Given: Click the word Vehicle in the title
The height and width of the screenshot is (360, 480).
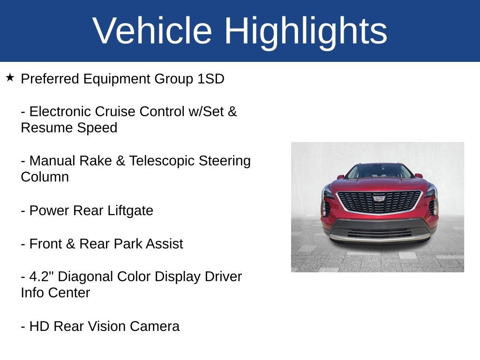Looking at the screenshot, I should click(x=152, y=31).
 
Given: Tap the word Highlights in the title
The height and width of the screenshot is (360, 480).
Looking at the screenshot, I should click(x=306, y=31).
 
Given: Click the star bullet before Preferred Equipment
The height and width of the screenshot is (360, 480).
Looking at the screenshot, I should click(x=10, y=77).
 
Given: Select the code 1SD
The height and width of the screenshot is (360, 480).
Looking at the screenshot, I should click(x=210, y=79).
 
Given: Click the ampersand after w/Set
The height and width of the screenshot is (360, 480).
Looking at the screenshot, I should click(x=232, y=112).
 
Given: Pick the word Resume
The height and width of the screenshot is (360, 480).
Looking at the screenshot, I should click(x=45, y=128).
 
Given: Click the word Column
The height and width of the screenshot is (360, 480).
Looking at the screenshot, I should click(x=45, y=177).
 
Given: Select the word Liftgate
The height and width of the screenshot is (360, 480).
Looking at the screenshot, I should click(x=130, y=211).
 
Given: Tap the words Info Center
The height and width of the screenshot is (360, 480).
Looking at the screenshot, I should click(x=55, y=293).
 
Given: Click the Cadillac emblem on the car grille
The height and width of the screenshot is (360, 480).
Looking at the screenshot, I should click(x=379, y=198).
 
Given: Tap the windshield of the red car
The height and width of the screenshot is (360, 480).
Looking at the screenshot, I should click(x=378, y=172).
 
